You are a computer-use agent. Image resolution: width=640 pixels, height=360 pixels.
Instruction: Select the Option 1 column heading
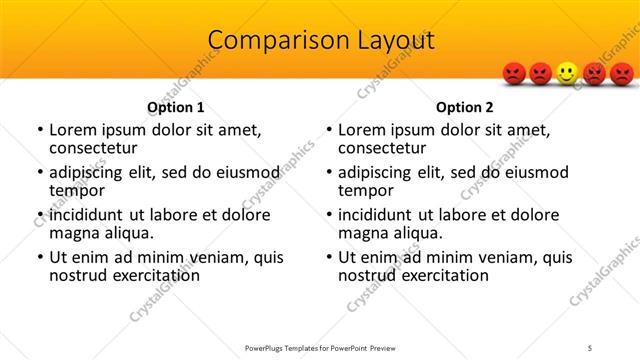pyautogui.click(x=176, y=107)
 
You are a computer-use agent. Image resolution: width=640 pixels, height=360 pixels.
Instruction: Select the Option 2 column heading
pyautogui.click(x=465, y=107)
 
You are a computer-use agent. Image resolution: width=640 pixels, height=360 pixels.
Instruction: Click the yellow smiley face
pyautogui.click(x=567, y=73)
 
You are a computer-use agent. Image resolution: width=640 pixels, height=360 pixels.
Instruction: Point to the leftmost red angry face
pyautogui.click(x=513, y=73)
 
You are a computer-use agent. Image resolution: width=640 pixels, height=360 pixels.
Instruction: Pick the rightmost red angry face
pyautogui.click(x=622, y=73)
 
